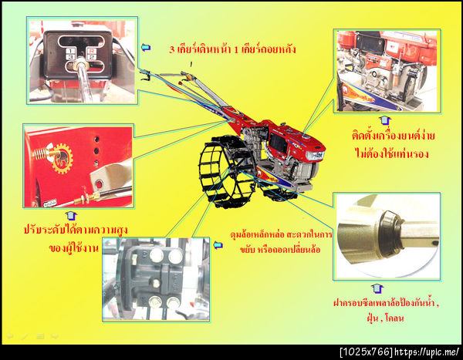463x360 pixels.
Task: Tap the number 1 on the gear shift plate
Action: tap(70, 51)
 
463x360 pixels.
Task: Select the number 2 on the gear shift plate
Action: tap(92, 57)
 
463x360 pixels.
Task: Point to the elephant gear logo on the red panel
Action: tap(62, 158)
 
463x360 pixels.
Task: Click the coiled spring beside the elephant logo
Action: tap(40, 153)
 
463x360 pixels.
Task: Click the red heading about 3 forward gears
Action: tap(232, 49)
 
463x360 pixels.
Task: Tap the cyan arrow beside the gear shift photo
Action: tap(146, 47)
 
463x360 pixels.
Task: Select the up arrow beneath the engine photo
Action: tap(385, 120)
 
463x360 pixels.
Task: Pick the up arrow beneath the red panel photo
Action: tap(71, 216)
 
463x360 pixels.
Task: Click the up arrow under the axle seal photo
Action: tap(377, 288)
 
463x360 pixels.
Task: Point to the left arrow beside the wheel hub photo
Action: tap(218, 245)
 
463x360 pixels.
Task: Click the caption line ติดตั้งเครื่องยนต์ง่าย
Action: tap(393, 136)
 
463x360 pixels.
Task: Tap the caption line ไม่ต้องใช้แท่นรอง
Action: tap(391, 153)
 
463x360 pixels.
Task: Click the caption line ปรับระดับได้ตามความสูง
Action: tap(76, 230)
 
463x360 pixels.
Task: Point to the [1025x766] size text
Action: tap(367, 352)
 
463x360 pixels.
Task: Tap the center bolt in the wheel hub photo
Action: tap(155, 283)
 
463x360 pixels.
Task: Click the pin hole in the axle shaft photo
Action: tap(434, 243)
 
